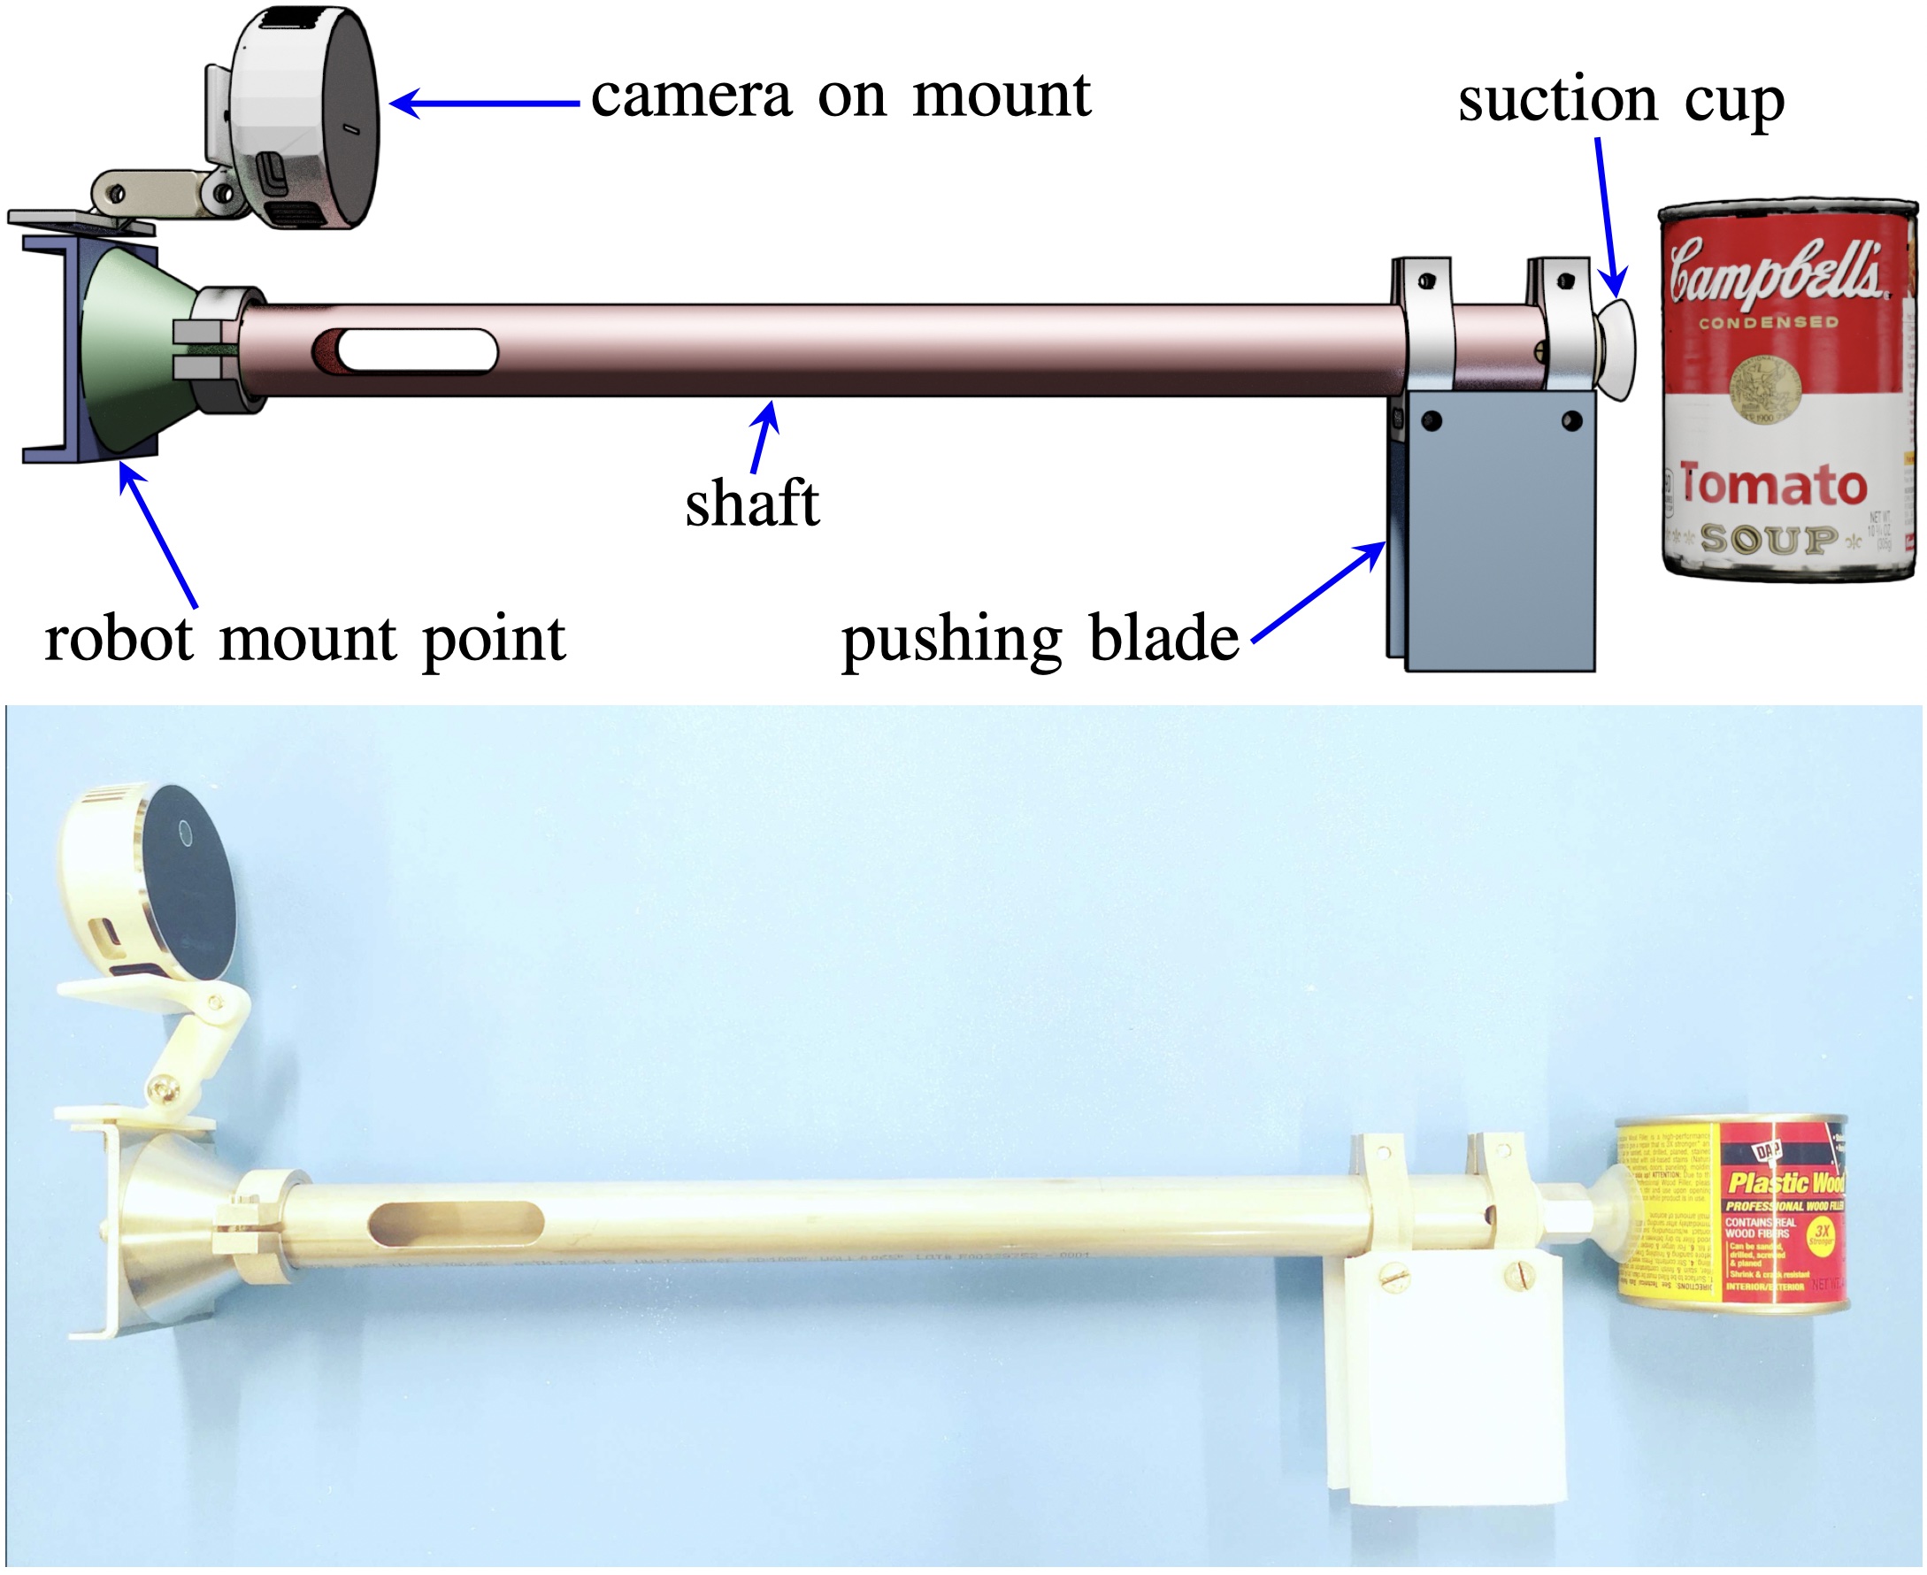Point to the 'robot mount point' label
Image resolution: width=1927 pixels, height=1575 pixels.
305,639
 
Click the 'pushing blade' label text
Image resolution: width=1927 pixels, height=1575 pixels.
1040,639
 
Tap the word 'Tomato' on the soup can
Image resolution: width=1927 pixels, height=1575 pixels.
1773,486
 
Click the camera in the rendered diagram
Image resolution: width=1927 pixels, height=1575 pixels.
304,118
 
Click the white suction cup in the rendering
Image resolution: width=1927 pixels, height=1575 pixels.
1616,350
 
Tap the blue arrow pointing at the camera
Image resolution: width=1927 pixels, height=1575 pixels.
486,104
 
